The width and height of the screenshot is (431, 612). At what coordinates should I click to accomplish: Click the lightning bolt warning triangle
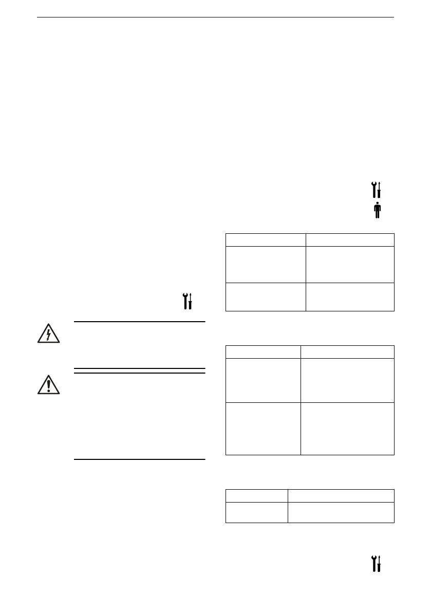49,335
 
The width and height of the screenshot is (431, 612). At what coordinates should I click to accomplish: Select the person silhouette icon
377,210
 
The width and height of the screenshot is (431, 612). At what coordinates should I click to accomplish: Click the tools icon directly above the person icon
377,190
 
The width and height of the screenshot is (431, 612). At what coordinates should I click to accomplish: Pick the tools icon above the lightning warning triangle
188,301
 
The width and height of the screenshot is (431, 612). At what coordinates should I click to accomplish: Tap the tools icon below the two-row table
377,564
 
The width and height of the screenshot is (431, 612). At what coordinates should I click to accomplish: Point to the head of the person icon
377,204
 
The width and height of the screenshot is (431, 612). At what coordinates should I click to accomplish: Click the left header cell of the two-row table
256,495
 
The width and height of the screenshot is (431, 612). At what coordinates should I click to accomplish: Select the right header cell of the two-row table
341,495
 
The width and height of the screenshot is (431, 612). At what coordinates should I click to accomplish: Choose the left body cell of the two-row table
256,512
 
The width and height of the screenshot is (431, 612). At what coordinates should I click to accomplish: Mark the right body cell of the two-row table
341,512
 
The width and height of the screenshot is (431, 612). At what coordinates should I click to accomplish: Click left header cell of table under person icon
266,240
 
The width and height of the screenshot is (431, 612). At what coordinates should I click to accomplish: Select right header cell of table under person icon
350,240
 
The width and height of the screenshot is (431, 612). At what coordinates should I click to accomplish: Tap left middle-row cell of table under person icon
266,264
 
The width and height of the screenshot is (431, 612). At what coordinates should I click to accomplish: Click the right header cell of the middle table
347,351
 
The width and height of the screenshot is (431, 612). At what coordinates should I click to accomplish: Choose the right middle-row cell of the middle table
347,380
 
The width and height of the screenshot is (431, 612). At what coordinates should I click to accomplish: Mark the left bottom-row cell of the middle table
263,429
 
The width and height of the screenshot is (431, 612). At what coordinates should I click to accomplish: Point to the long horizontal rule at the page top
215,17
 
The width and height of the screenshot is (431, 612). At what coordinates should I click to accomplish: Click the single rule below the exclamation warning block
140,459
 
